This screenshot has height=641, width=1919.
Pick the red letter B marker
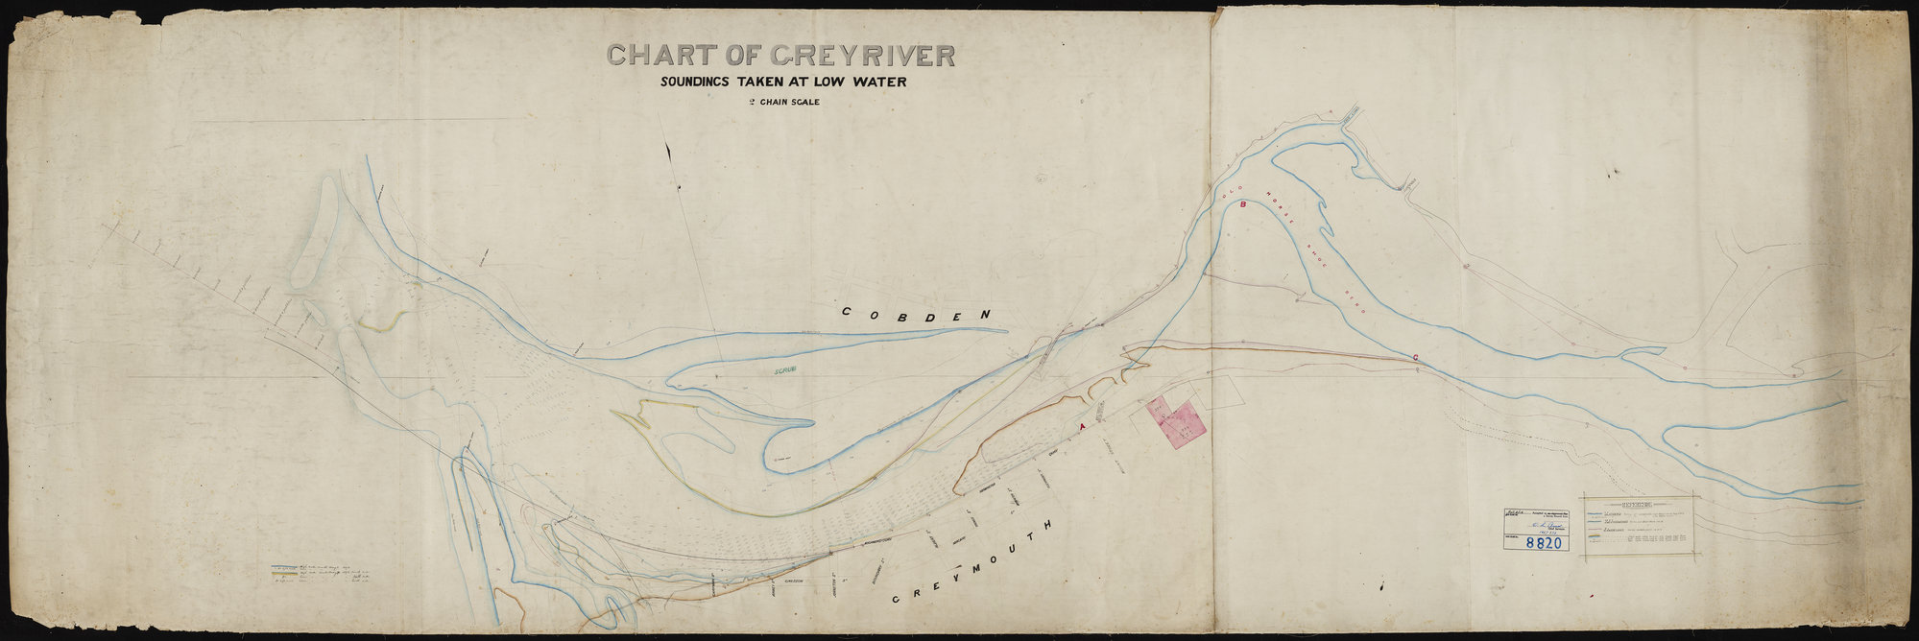click(x=1242, y=204)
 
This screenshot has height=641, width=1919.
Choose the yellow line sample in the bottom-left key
click(x=285, y=575)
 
